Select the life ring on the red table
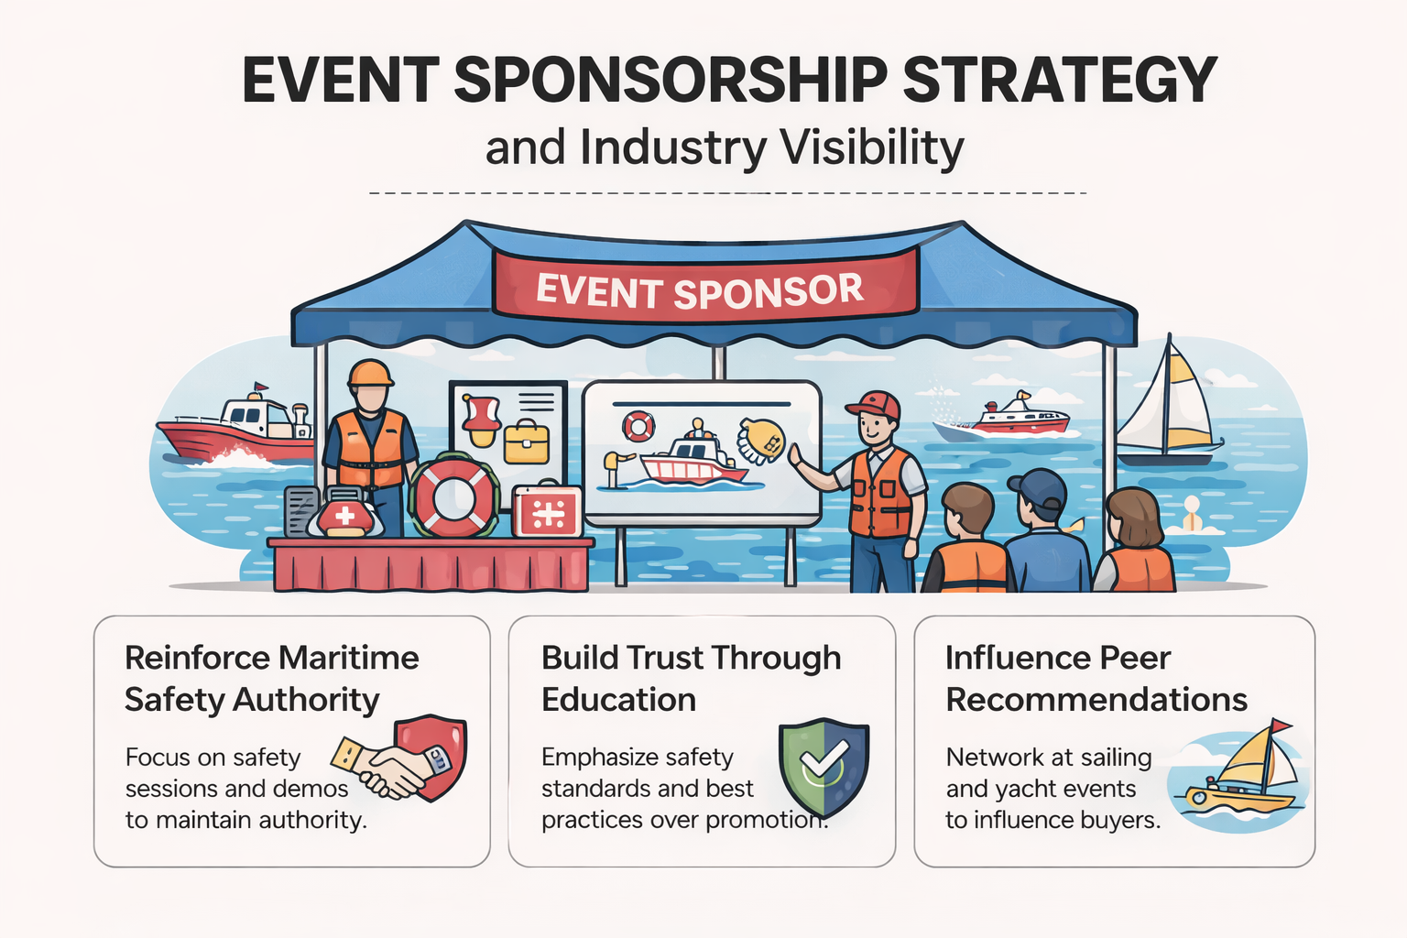[x=453, y=497]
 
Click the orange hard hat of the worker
[x=370, y=373]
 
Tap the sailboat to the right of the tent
[x=1168, y=408]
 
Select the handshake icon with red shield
[x=403, y=760]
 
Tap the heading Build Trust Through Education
[x=691, y=678]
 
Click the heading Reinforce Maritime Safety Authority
[x=271, y=678]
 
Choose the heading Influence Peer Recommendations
[x=1096, y=678]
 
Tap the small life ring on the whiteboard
[x=638, y=425]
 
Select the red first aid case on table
[x=547, y=511]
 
